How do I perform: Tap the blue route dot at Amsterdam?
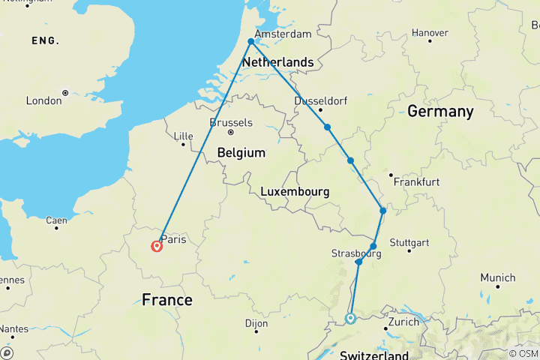tap(251, 42)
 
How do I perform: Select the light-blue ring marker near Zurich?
tap(350, 319)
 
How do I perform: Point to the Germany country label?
tap(440, 112)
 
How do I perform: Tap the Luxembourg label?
tap(295, 192)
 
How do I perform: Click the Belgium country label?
tap(241, 152)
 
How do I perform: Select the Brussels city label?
tap(232, 123)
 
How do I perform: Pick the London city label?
tap(43, 100)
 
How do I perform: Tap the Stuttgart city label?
tap(409, 243)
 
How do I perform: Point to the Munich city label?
tap(498, 277)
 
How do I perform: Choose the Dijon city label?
tap(256, 323)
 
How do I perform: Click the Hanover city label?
tap(430, 33)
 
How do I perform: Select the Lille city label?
tap(183, 136)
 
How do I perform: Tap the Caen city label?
tap(56, 220)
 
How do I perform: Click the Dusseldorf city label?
tap(320, 100)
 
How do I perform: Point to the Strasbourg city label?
tap(356, 253)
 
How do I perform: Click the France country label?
tap(166, 300)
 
